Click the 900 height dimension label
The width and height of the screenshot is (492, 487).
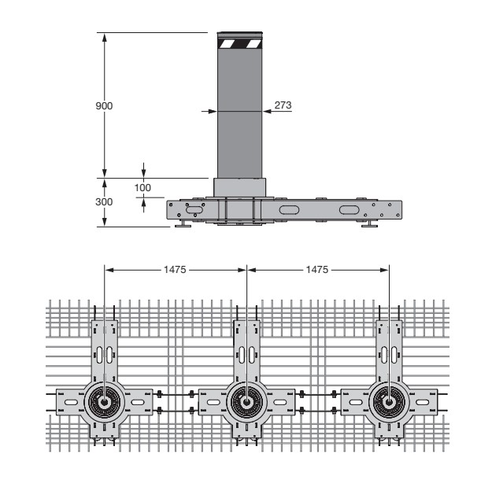click(104, 106)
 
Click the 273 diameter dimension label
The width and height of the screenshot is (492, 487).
click(283, 105)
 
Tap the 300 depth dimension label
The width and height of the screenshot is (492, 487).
click(104, 201)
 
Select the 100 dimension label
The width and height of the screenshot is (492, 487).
click(142, 187)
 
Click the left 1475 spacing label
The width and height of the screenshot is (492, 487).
click(175, 270)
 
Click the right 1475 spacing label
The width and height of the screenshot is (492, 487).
click(317, 270)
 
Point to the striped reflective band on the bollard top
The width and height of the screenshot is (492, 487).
click(240, 43)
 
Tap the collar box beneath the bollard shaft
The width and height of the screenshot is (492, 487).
click(240, 187)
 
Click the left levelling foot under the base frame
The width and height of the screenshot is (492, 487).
click(183, 224)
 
